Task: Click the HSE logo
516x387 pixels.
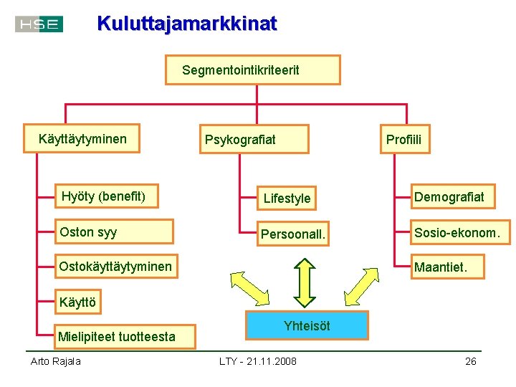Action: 39,24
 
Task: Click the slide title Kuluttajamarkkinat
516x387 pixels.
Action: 186,24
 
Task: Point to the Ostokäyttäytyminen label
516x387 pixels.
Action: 115,267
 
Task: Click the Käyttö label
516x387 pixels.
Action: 77,302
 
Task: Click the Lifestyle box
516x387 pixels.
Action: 287,198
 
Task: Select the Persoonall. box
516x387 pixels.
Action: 293,234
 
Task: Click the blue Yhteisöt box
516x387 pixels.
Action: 307,325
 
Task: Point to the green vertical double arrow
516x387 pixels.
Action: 305,282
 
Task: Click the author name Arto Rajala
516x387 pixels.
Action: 55,361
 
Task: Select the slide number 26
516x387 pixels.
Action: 470,361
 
